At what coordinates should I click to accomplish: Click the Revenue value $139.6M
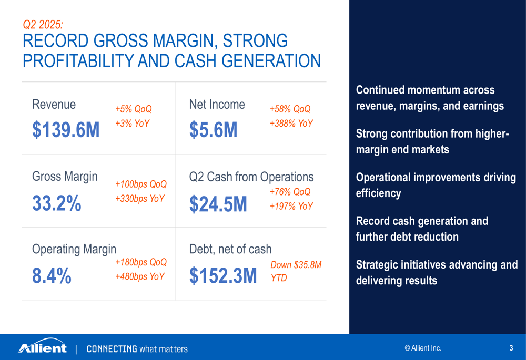pos(66,130)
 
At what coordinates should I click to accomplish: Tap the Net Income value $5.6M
pos(214,130)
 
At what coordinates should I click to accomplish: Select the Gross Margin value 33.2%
pos(57,203)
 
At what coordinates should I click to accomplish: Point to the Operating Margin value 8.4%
pos(52,276)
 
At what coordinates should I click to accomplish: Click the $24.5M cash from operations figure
pos(218,204)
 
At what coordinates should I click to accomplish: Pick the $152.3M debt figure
pos(223,275)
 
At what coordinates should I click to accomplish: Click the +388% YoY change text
pos(291,124)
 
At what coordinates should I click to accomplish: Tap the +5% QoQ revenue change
pos(134,109)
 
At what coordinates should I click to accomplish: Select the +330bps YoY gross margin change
pos(140,199)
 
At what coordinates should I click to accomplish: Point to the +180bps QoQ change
pos(141,262)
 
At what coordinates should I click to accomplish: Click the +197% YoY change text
pos(291,206)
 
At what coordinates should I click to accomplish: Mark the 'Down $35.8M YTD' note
pos(296,271)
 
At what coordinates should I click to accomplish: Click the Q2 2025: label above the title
pos(43,25)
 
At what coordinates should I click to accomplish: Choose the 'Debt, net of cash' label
pos(230,249)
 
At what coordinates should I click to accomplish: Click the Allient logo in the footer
pos(43,346)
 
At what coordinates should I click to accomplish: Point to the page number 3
pos(511,348)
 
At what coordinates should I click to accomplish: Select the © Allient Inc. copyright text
pos(423,348)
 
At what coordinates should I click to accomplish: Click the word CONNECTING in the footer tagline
pos(112,349)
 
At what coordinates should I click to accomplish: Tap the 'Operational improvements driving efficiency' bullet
pos(436,185)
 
